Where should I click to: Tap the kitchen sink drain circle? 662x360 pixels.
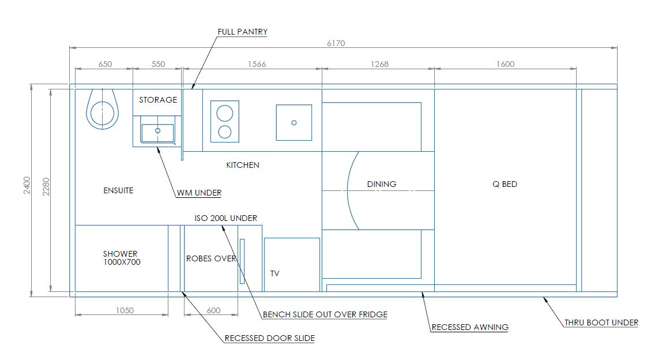(294, 122)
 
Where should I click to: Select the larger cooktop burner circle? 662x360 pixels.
(225, 113)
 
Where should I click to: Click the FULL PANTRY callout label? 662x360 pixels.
(242, 32)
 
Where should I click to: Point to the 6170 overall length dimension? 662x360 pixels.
(336, 43)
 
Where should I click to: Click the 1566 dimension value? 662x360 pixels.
(257, 64)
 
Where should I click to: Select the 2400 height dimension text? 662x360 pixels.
(27, 185)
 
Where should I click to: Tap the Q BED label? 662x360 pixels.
(505, 184)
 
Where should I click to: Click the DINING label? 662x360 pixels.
(382, 184)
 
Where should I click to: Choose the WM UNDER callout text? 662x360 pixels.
(199, 193)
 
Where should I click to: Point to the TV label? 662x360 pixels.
(275, 273)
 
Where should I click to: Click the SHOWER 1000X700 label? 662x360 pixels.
(122, 258)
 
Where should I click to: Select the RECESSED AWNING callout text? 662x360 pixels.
(470, 327)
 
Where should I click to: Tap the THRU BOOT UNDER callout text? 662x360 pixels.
(601, 322)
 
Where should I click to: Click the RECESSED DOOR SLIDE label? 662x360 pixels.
(269, 338)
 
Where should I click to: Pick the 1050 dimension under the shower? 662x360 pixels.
(125, 310)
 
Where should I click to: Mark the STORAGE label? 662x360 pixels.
(158, 100)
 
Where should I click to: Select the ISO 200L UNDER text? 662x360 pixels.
(225, 218)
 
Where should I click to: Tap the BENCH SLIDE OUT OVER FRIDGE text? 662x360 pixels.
(325, 314)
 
